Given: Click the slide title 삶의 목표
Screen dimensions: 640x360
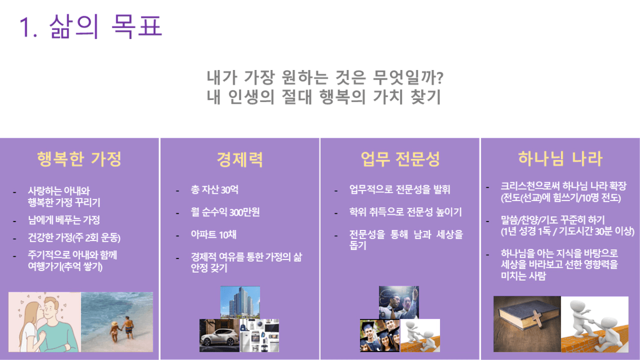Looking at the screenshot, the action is [106, 26].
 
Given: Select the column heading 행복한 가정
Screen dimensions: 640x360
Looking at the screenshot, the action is [79, 159].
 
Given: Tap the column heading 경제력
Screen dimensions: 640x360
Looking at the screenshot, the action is [239, 159].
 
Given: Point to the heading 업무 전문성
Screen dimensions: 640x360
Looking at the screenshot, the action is [400, 159].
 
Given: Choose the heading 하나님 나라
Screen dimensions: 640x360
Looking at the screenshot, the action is [561, 159].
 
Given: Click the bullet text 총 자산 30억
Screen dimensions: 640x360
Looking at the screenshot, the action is [215, 189].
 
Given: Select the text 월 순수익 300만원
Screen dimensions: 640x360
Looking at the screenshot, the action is [225, 212].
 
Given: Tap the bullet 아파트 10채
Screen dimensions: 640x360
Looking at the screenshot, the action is [214, 235].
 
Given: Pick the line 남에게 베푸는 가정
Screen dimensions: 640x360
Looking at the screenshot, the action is [64, 220].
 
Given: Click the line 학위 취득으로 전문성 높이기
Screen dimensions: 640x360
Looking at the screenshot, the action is [405, 212].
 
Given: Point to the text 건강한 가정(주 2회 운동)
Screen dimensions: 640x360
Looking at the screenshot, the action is [74, 237].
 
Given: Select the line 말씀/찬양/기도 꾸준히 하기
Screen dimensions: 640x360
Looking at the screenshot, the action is [553, 219].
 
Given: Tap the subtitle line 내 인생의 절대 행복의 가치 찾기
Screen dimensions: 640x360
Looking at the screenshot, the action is [324, 97].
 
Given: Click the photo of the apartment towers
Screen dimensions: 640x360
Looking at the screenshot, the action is [240, 302].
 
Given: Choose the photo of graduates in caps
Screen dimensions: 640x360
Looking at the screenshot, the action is [379, 335].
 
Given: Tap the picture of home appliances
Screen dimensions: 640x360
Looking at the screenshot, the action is [259, 335].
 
